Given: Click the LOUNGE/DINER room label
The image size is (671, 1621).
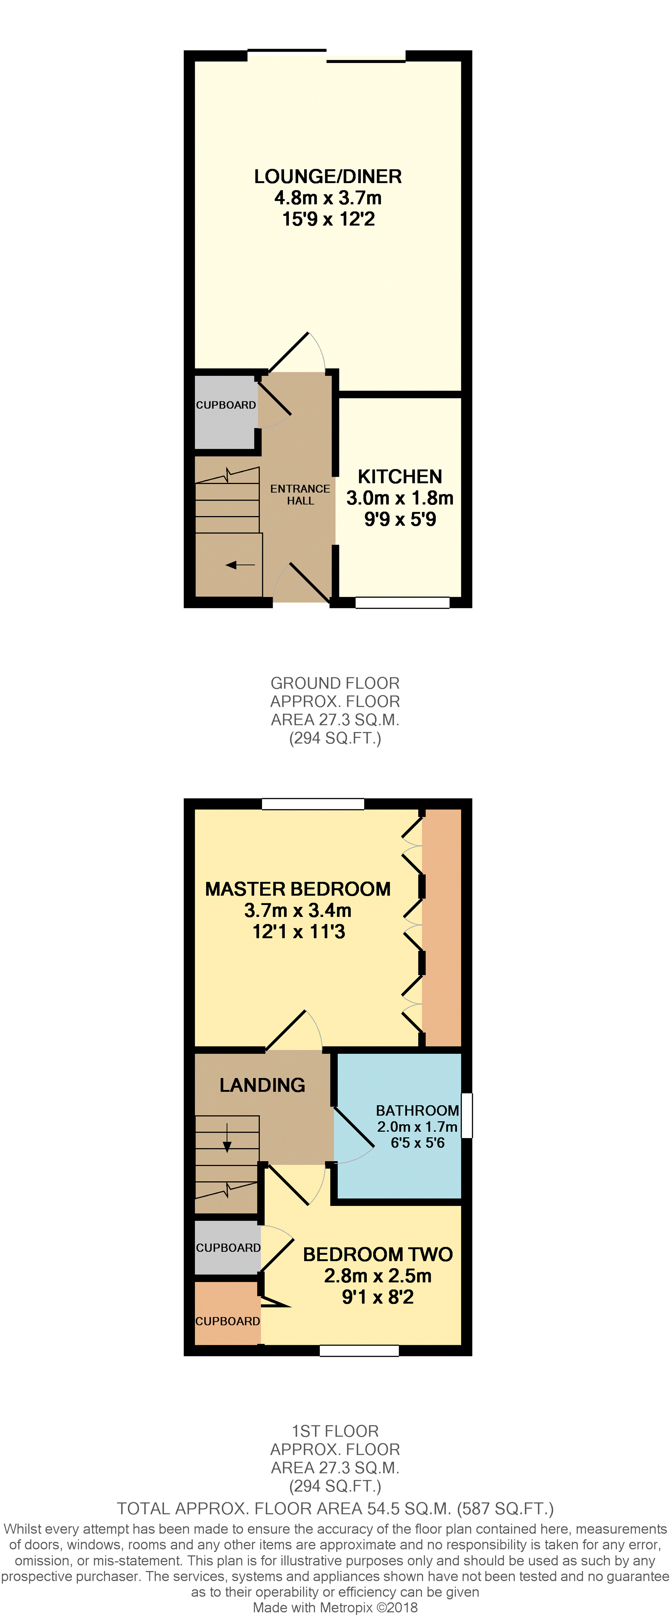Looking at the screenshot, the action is click(x=328, y=177).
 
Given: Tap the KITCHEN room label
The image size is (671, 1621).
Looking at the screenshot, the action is click(x=400, y=477).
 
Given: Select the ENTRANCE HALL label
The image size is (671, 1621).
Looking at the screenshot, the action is click(x=300, y=495).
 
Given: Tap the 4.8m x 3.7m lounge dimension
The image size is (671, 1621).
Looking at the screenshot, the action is click(x=328, y=198).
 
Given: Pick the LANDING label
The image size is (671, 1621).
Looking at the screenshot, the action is click(x=262, y=1085).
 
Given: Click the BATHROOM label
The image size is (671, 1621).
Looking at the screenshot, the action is click(x=417, y=1111).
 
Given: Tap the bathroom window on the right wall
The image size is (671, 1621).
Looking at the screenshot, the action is click(x=467, y=1116).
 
